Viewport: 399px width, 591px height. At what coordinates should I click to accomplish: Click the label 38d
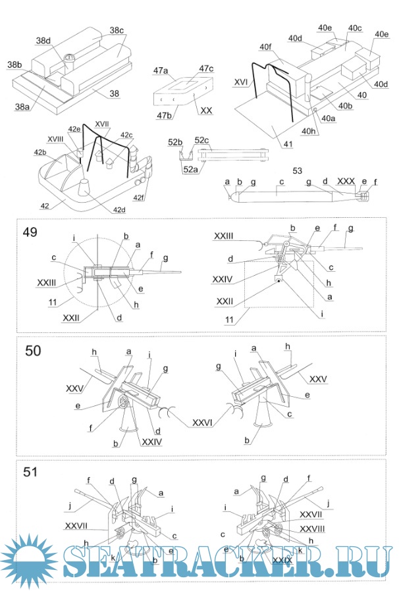click(43, 40)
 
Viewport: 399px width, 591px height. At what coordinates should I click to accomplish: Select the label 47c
click(207, 68)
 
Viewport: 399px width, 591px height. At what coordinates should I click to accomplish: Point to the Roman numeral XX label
click(206, 111)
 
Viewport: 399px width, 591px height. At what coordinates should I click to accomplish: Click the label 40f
click(265, 47)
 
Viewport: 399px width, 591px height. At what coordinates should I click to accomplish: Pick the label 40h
click(309, 131)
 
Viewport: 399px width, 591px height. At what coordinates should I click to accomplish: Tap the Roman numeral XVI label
click(241, 83)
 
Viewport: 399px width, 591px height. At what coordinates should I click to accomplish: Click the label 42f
click(140, 197)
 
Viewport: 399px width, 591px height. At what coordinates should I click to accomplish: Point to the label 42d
click(119, 210)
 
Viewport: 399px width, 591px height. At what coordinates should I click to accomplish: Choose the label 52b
click(174, 142)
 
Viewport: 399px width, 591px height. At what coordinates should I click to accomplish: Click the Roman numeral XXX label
click(345, 180)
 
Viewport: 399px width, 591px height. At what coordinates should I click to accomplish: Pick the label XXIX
click(282, 559)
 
